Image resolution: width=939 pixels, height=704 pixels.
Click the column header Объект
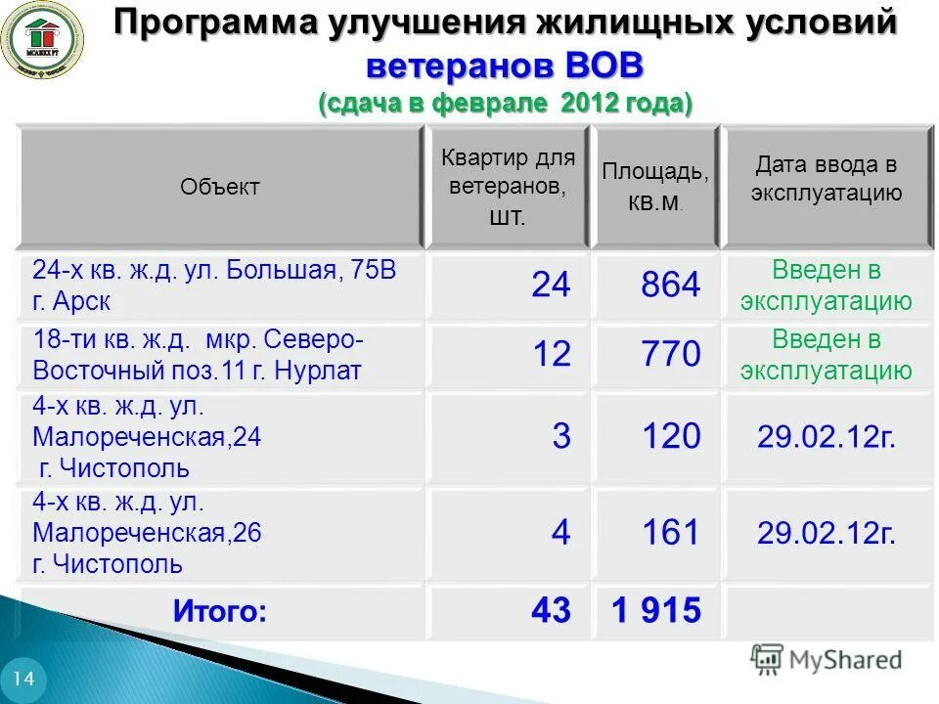tap(220, 187)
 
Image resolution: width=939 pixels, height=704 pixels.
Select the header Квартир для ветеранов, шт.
tap(508, 186)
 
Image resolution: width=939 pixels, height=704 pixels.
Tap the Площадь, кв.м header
tap(655, 187)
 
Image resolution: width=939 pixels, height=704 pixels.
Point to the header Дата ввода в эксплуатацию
tap(827, 178)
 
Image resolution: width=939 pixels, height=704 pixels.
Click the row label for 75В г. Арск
tap(214, 285)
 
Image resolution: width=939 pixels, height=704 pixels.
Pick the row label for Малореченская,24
tap(147, 436)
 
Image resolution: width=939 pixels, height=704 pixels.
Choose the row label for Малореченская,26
tap(147, 533)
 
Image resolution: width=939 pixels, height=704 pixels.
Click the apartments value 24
tap(551, 285)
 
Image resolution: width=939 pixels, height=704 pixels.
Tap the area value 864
tap(671, 285)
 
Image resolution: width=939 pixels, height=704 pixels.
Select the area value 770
tap(671, 354)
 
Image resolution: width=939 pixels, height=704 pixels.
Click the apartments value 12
tap(551, 354)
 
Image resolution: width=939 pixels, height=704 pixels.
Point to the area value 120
tap(671, 436)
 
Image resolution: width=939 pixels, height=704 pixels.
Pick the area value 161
tap(671, 533)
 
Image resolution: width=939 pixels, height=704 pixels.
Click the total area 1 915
tap(656, 611)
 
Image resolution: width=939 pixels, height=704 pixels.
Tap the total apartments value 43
tap(551, 611)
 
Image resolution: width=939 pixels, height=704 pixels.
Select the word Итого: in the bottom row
tap(220, 612)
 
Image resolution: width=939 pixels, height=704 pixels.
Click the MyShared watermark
tap(827, 660)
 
